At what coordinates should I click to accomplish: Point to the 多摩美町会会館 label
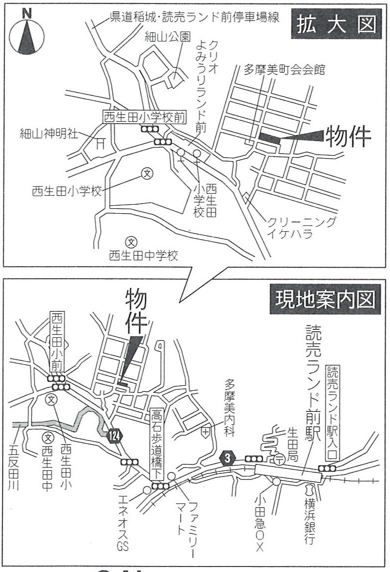(x=284, y=69)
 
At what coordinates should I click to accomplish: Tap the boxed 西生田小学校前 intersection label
(x=145, y=117)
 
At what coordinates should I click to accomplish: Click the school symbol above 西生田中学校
(x=131, y=242)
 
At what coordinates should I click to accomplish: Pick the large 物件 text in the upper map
(x=348, y=136)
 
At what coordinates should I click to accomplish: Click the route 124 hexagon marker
(x=114, y=435)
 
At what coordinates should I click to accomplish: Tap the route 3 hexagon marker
(x=228, y=457)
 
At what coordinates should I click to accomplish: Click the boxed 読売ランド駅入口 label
(x=333, y=412)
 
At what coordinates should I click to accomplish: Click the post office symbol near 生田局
(x=279, y=458)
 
